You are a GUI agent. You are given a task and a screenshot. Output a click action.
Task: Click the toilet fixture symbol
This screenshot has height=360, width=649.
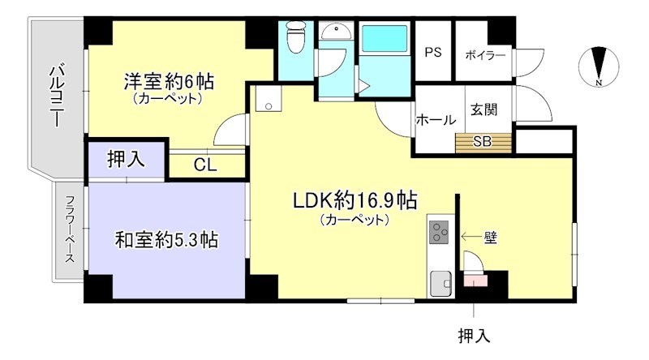(x=295, y=36)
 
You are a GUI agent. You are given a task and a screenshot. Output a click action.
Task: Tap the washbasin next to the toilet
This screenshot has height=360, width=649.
(x=336, y=31)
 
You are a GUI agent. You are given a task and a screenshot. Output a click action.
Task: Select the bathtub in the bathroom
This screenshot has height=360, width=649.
(x=385, y=38)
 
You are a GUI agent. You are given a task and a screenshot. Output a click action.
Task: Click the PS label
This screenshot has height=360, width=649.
(x=433, y=53)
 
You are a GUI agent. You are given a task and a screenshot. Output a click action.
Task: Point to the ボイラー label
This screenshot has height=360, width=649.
(x=485, y=55)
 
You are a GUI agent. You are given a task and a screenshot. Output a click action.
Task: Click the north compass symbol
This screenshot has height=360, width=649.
(x=599, y=66)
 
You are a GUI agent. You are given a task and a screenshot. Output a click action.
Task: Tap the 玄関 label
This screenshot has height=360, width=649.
(x=484, y=109)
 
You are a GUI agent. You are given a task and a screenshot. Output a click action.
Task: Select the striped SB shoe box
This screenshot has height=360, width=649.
(x=484, y=143)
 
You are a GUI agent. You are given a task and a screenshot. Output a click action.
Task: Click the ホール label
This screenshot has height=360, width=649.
(x=436, y=120)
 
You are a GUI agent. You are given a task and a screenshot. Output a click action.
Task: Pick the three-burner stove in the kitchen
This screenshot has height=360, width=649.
(x=439, y=232)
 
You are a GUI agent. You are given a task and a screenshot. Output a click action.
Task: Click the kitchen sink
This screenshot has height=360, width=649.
(x=441, y=284)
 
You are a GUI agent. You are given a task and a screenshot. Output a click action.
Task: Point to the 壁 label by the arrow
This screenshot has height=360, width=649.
(x=491, y=238)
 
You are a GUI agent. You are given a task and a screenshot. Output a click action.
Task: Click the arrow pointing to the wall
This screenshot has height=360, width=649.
(x=471, y=237)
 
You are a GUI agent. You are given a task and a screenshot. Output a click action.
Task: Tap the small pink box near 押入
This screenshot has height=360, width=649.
(x=475, y=281)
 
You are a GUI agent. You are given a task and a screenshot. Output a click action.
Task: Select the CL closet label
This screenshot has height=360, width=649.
(x=205, y=165)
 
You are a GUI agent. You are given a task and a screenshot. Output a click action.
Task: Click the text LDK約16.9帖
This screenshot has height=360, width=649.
(x=355, y=202)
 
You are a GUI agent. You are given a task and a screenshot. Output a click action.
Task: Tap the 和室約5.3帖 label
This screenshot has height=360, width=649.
(x=166, y=239)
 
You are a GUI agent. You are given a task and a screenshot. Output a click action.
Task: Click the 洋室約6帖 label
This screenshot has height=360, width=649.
(x=169, y=82)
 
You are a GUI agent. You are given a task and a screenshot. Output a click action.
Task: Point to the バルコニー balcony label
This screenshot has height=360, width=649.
(x=57, y=96)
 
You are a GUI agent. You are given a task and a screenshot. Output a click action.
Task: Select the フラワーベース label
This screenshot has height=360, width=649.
(x=70, y=229)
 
